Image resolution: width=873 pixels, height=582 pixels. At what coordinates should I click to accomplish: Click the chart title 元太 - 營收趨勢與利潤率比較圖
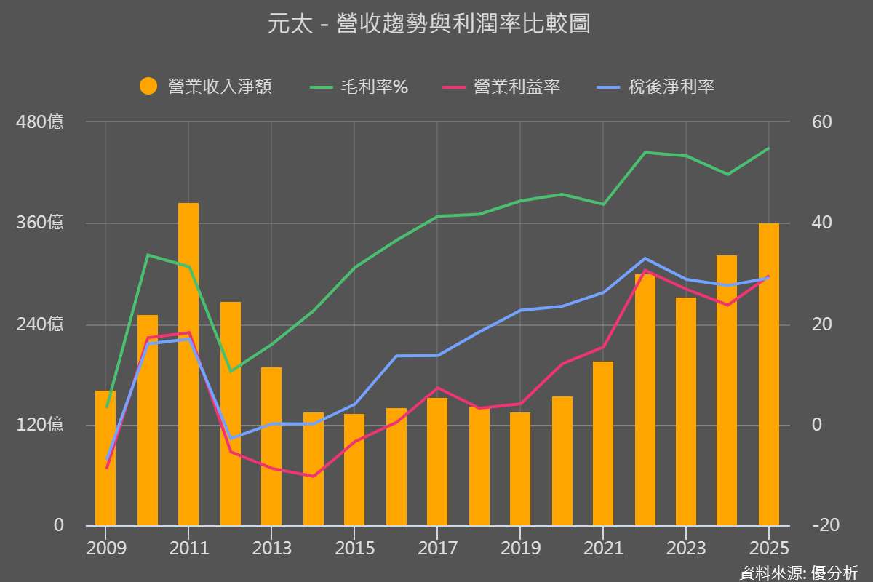[x=429, y=25]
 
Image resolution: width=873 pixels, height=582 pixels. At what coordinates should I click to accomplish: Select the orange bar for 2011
[x=188, y=364]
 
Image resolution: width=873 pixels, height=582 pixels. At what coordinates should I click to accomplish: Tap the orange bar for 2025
[x=769, y=375]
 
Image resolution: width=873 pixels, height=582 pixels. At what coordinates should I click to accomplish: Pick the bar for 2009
[x=105, y=458]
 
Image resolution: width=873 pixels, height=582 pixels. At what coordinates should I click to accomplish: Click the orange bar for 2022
[x=645, y=400]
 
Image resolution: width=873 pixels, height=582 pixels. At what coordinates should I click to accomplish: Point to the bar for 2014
[x=314, y=469]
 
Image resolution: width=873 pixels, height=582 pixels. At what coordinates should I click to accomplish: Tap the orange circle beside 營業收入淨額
[x=148, y=87]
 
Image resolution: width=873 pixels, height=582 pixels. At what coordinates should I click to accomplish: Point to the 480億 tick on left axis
[x=40, y=121]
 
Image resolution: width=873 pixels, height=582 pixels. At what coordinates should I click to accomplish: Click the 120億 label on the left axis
[x=40, y=425]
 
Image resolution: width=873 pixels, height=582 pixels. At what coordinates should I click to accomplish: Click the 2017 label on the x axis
[x=437, y=548]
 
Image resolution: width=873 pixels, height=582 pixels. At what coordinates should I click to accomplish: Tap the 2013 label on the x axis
[x=271, y=548]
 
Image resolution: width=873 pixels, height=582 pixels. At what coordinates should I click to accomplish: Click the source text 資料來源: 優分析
[x=798, y=573]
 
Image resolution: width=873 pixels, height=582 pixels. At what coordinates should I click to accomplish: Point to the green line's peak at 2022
[x=645, y=152]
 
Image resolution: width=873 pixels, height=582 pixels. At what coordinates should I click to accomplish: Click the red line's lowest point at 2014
[x=314, y=477]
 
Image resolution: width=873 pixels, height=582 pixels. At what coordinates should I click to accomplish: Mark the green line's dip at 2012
[x=231, y=372]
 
